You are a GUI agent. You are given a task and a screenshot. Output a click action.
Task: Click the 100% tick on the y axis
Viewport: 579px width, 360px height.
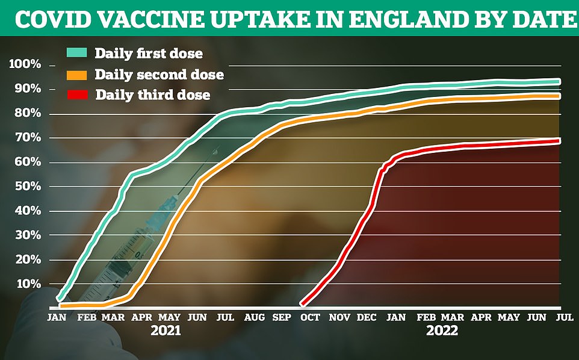pos(25,64)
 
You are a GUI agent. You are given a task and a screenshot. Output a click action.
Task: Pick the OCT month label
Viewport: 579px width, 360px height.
pos(311,317)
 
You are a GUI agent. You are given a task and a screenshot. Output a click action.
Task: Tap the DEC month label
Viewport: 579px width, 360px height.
pos(367,317)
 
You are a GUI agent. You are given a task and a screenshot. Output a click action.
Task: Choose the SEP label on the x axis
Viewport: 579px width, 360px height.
pos(282,317)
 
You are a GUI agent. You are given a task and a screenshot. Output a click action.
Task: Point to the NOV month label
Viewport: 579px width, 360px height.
pos(340,317)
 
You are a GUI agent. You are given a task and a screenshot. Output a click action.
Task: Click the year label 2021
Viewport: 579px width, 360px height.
pos(166,331)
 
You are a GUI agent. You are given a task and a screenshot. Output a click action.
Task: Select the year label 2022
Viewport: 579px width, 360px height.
pos(442,331)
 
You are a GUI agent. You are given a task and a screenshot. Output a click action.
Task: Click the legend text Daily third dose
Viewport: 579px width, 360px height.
pos(152,95)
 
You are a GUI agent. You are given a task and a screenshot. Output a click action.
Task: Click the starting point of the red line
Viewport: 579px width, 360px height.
pos(302,304)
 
